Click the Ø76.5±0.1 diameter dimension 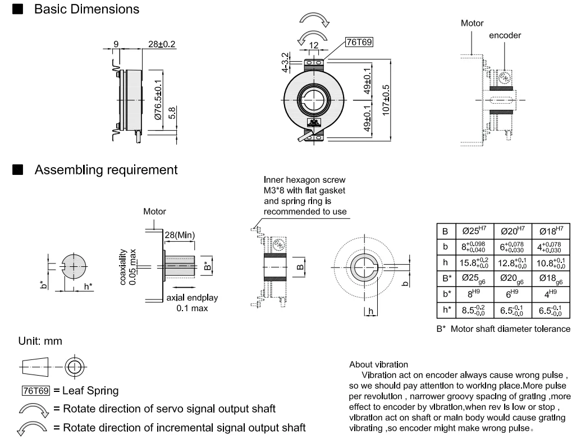159,101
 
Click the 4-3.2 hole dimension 287,62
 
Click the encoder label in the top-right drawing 505,35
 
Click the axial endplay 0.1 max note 186,304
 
